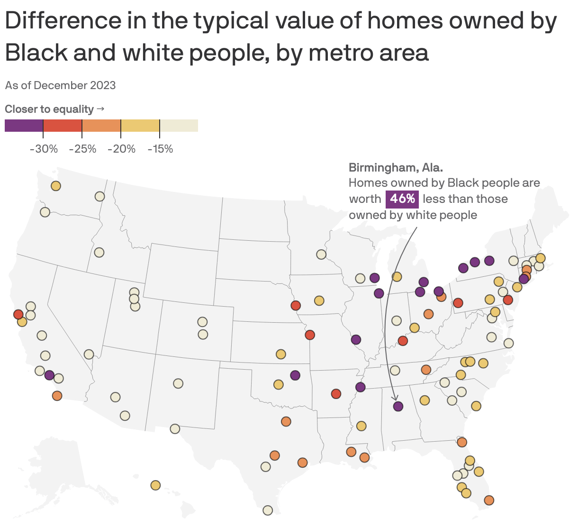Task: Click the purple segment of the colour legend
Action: (x=24, y=126)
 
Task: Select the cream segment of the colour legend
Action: (x=179, y=126)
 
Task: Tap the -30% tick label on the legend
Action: (x=44, y=149)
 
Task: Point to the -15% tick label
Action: (x=160, y=149)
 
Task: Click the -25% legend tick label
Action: (x=82, y=149)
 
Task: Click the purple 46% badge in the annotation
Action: (x=402, y=199)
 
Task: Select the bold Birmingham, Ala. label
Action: (x=396, y=167)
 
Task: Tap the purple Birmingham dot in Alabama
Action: (x=398, y=406)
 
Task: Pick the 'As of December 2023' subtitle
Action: (x=60, y=85)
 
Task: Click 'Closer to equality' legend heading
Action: (x=49, y=109)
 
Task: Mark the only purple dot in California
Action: (x=49, y=375)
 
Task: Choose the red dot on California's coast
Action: (x=18, y=315)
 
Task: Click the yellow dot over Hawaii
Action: (x=155, y=485)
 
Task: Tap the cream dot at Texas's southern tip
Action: (x=268, y=510)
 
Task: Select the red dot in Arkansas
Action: (x=336, y=394)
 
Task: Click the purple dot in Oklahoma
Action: (x=295, y=375)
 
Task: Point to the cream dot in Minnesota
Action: (x=321, y=254)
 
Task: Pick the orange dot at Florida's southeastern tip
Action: (x=489, y=500)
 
